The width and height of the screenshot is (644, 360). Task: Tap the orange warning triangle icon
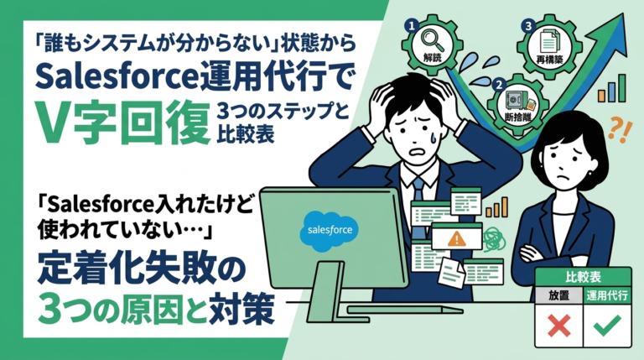[458, 238]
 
